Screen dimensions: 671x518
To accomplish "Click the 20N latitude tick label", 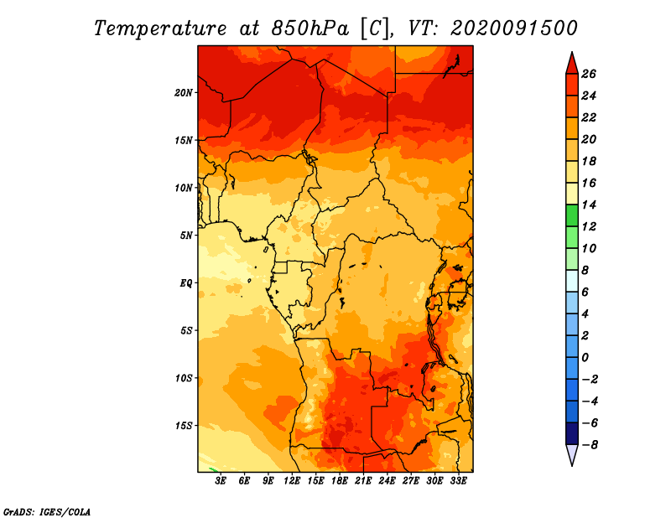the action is (184, 93).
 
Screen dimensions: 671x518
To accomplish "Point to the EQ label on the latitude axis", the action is (186, 283).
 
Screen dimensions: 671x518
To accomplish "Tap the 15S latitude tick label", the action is (184, 426).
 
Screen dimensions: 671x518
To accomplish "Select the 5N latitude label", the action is (186, 236).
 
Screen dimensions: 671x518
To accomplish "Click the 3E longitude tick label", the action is (221, 481).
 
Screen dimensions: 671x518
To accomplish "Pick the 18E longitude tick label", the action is (340, 481).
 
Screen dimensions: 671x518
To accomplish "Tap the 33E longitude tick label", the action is (458, 481).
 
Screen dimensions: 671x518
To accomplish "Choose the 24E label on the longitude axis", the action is (387, 481).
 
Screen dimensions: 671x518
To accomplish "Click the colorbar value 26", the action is (589, 74).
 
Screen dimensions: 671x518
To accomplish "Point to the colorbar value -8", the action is (590, 445).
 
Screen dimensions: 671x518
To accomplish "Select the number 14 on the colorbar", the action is (589, 205).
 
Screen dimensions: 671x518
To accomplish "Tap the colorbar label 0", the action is (585, 358).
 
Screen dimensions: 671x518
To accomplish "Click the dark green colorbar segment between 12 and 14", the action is (572, 215).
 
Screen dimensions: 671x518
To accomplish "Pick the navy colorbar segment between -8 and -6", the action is (572, 433).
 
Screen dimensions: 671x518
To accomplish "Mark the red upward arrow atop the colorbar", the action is (572, 64).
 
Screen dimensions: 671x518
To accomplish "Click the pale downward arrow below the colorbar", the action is (572, 455).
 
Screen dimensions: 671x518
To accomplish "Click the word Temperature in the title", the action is (160, 28).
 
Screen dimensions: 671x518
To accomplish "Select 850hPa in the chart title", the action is (310, 28).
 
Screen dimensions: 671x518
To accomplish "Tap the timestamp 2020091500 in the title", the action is (514, 28).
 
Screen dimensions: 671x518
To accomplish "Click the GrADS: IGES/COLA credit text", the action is (47, 512).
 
